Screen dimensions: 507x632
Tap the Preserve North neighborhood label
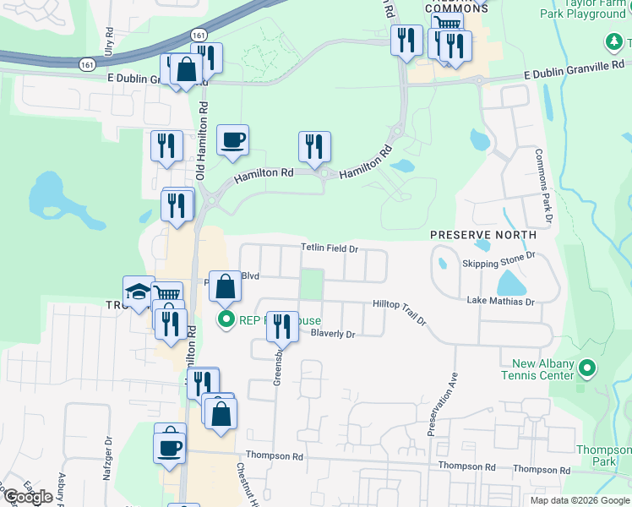click(482, 234)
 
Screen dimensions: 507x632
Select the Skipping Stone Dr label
click(499, 264)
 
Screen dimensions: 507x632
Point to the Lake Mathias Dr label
click(500, 302)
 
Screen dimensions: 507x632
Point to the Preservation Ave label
click(442, 404)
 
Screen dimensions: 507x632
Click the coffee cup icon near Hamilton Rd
click(232, 139)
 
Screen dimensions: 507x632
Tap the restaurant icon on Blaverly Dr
click(282, 325)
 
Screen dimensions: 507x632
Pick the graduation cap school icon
click(138, 292)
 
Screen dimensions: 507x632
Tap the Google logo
click(28, 497)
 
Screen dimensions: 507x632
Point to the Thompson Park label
click(602, 456)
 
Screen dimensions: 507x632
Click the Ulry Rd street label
click(108, 42)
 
